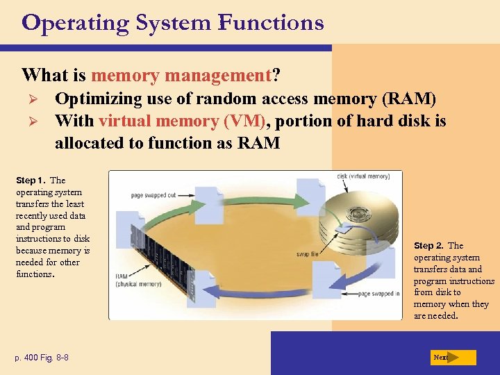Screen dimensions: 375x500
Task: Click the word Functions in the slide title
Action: click(x=271, y=22)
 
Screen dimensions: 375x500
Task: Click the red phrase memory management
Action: click(x=180, y=74)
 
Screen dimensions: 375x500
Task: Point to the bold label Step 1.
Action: click(x=31, y=181)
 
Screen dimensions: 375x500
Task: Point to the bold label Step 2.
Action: click(x=429, y=246)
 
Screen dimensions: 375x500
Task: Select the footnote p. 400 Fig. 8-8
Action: click(x=42, y=358)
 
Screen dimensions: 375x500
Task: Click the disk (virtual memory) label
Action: click(x=363, y=176)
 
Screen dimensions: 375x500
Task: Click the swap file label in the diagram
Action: click(x=307, y=255)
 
